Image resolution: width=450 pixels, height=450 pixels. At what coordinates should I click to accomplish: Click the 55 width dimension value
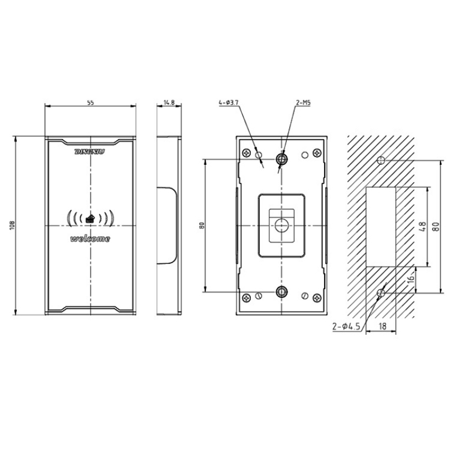[x=90, y=102]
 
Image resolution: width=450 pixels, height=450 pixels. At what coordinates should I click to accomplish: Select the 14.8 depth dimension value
[x=169, y=102]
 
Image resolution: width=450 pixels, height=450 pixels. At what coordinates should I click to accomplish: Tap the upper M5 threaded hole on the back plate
[x=282, y=160]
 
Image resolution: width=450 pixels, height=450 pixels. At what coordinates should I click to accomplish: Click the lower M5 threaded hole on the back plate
[x=281, y=291]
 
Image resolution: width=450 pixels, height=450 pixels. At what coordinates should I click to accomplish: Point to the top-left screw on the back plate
[x=246, y=152]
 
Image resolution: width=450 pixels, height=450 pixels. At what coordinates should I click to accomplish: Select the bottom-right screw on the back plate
[x=317, y=298]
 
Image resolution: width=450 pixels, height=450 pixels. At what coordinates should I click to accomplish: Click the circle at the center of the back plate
[x=281, y=225]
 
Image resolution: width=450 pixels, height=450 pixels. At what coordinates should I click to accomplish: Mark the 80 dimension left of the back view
[x=201, y=226]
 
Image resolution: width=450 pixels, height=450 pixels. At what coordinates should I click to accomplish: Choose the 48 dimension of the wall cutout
[x=424, y=228]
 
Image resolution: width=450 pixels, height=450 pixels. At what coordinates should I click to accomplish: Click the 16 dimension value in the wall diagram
[x=411, y=278]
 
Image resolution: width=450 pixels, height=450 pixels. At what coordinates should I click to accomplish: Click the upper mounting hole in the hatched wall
[x=381, y=160]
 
